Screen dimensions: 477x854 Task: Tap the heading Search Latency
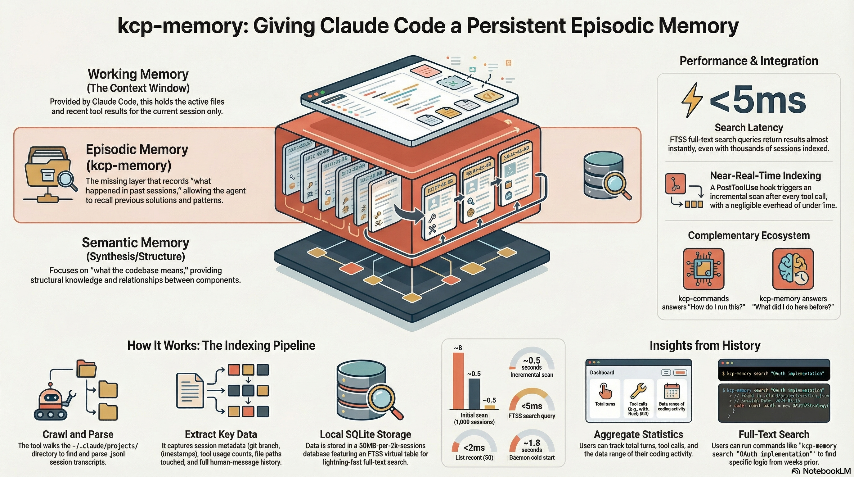pyautogui.click(x=748, y=127)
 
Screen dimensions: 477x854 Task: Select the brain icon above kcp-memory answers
pyautogui.click(x=793, y=269)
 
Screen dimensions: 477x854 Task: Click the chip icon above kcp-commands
pyautogui.click(x=703, y=269)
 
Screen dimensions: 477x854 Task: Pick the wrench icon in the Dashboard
pyautogui.click(x=638, y=391)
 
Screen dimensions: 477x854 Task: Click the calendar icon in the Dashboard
pyautogui.click(x=672, y=391)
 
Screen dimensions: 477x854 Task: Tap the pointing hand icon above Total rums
pyautogui.click(x=605, y=391)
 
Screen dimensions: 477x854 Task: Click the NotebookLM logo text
pyautogui.click(x=826, y=471)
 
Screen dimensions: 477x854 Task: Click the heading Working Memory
pyautogui.click(x=138, y=74)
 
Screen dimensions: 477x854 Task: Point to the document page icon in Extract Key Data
pyautogui.click(x=190, y=390)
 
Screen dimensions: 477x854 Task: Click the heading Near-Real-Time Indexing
pyautogui.click(x=765, y=175)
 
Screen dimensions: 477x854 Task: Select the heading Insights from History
pyautogui.click(x=704, y=345)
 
